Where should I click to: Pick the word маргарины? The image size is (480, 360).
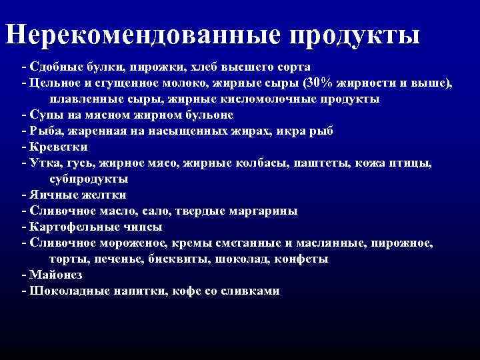tap(263, 211)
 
